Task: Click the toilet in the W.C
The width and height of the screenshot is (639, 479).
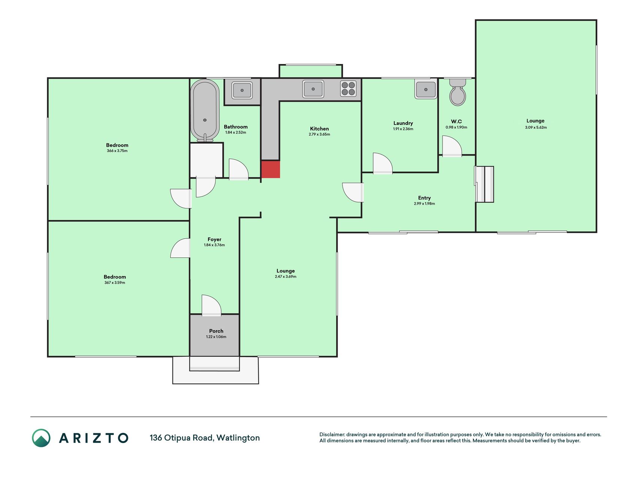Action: [457, 92]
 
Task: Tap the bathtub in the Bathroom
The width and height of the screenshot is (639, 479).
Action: [205, 111]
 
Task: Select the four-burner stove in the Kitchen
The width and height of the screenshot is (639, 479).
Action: [348, 89]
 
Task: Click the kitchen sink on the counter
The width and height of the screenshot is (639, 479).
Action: [313, 89]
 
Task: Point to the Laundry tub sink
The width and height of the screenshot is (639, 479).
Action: [426, 89]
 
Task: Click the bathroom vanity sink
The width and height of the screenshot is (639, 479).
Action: [242, 90]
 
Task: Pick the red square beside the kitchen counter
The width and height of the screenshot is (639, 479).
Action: [270, 169]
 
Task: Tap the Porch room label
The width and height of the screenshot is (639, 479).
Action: [216, 331]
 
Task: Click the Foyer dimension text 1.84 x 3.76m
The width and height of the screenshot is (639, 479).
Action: [214, 245]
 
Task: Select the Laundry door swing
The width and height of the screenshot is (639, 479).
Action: [383, 164]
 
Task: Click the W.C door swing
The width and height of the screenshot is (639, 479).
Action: [452, 146]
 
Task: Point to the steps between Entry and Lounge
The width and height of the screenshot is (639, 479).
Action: [484, 184]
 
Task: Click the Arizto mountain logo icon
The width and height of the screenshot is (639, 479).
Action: [41, 438]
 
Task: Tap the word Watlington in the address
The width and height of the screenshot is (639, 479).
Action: [238, 438]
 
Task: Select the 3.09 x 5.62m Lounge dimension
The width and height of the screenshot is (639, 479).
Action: [536, 127]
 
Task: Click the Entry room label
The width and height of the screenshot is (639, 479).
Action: [425, 198]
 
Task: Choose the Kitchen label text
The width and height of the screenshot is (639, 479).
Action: [319, 129]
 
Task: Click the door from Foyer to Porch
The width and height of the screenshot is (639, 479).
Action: [212, 305]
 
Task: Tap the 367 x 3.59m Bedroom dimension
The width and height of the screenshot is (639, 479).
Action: [115, 283]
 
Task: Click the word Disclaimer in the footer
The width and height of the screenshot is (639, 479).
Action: [332, 434]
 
